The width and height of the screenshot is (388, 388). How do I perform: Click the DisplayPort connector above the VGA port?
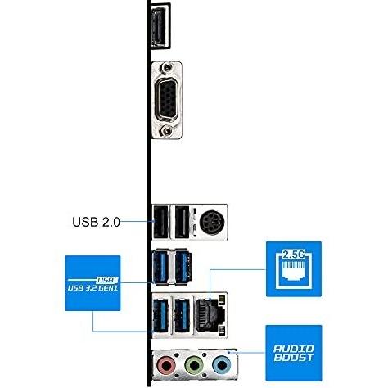[161, 25]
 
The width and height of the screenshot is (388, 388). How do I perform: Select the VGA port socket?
[167, 100]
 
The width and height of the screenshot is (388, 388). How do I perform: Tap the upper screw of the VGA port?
[166, 67]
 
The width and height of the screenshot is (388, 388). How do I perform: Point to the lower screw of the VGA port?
[166, 132]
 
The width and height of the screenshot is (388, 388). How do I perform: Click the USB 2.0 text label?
[96, 222]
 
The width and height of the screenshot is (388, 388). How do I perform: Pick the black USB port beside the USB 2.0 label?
[160, 223]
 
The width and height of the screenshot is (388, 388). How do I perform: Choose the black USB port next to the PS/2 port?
[182, 223]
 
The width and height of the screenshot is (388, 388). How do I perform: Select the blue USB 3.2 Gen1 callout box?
[92, 283]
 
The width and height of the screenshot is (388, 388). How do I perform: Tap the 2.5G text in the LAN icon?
[293, 255]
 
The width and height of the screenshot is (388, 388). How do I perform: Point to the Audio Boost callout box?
[294, 353]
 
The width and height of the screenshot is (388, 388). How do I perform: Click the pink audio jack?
[166, 364]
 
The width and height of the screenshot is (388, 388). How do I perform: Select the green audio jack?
[194, 364]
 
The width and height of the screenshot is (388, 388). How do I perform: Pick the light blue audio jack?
[222, 364]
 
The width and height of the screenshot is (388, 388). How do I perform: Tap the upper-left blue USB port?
[160, 267]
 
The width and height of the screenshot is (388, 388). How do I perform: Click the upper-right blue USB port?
[183, 267]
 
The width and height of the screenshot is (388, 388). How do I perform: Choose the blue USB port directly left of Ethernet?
[182, 315]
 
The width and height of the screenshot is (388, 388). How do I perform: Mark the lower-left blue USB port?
[160, 315]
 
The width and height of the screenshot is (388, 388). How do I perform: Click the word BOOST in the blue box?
[294, 358]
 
